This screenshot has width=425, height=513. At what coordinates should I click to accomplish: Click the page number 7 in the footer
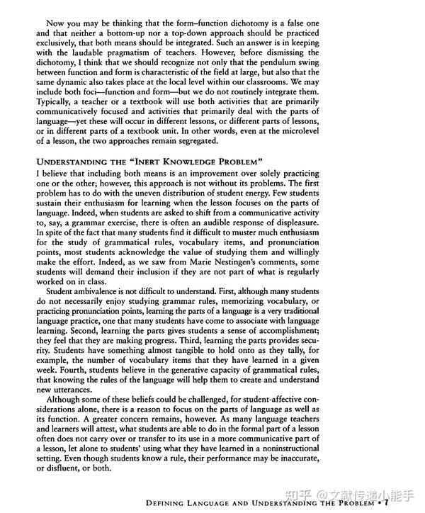point(386,503)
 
